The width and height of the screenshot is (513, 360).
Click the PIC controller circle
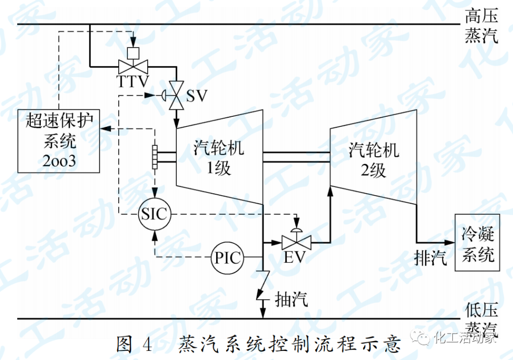pyautogui.click(x=227, y=259)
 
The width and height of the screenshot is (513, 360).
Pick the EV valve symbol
pyautogui.click(x=296, y=243)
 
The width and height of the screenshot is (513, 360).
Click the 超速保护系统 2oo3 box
pyautogui.click(x=59, y=141)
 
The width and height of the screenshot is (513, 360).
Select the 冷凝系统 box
pyautogui.click(x=478, y=243)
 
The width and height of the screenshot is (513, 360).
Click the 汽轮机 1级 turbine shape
pyautogui.click(x=218, y=157)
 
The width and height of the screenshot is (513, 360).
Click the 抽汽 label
pyautogui.click(x=292, y=299)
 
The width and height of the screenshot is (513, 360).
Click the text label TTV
pyautogui.click(x=133, y=81)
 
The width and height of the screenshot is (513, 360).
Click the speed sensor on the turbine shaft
pyautogui.click(x=154, y=157)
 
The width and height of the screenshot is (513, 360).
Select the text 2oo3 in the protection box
pyautogui.click(x=59, y=161)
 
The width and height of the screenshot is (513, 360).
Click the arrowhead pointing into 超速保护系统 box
pyautogui.click(x=104, y=128)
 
